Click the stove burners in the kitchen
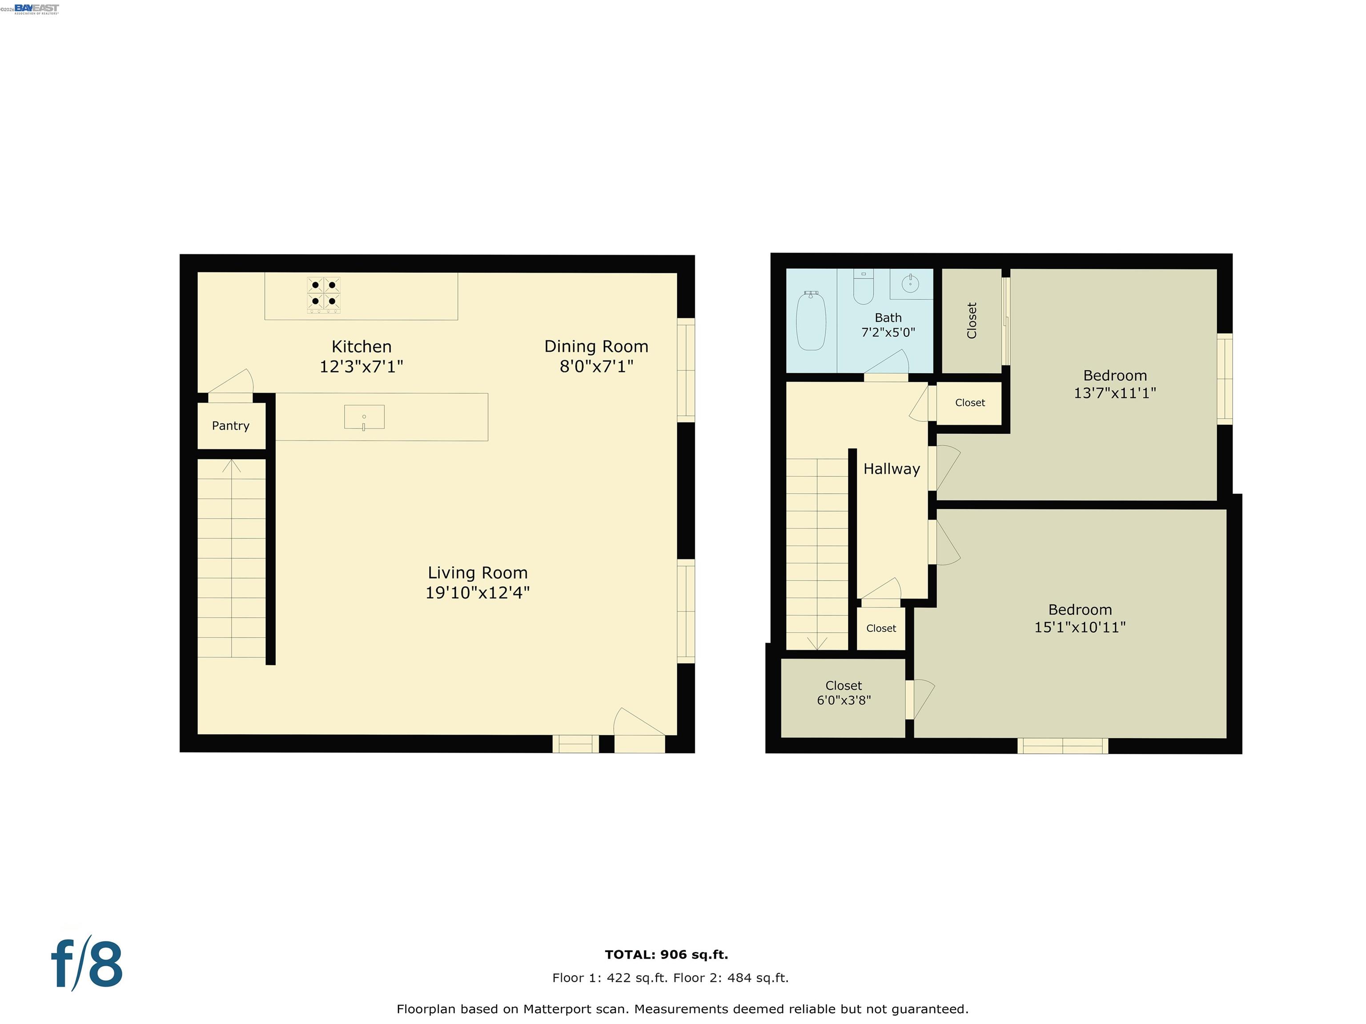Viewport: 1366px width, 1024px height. coord(324,294)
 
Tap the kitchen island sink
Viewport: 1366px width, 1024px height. coord(364,417)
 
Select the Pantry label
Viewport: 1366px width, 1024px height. coord(230,426)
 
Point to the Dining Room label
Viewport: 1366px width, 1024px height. coord(596,346)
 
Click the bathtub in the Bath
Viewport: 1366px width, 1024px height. coord(811,321)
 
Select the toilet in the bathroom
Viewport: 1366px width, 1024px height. coord(864,288)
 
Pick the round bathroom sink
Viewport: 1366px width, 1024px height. coord(910,284)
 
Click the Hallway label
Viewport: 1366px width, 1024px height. coord(891,469)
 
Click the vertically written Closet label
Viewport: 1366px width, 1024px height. coord(972,320)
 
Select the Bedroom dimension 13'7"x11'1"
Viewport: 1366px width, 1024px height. coord(1115,393)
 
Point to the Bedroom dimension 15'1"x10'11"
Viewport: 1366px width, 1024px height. coord(1080,628)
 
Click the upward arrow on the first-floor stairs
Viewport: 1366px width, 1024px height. coord(232,466)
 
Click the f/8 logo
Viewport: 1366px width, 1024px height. coord(86,964)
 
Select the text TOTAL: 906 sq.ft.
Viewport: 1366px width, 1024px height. coord(667,955)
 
